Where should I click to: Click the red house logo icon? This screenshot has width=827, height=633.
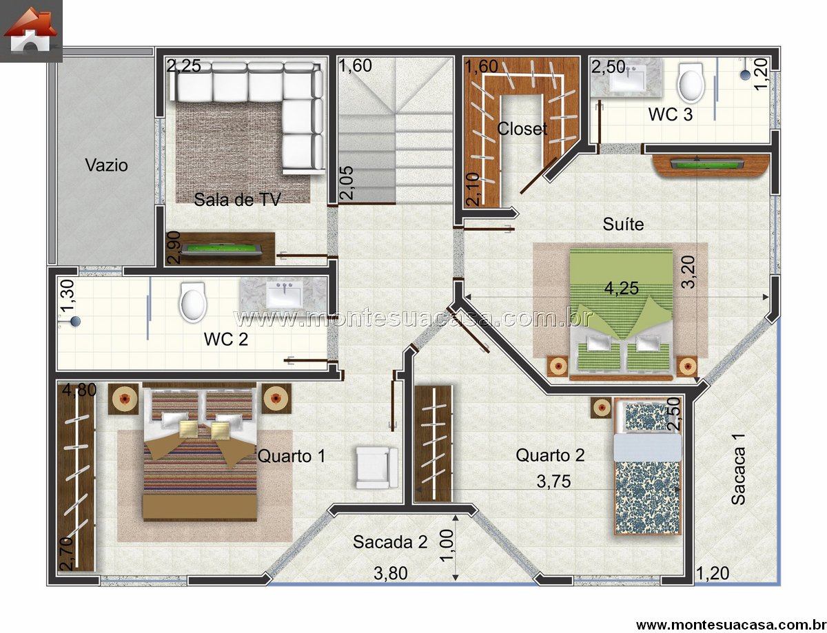click(x=30, y=30)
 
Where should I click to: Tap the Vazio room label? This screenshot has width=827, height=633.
click(x=107, y=165)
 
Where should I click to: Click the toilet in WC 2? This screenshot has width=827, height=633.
click(x=193, y=302)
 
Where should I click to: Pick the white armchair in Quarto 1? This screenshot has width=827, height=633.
click(x=377, y=467)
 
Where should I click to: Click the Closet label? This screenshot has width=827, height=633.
click(x=522, y=129)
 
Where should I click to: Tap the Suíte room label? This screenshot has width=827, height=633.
click(x=623, y=224)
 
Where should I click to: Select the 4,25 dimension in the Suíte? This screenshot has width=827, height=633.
click(x=622, y=288)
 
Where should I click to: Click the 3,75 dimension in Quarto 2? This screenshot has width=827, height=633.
click(x=553, y=481)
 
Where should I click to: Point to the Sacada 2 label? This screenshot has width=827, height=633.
click(x=390, y=542)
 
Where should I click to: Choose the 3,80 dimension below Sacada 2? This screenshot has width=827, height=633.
click(x=391, y=573)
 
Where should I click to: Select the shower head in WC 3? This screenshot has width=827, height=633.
click(x=745, y=75)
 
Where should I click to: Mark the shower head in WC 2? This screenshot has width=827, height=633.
click(x=75, y=321)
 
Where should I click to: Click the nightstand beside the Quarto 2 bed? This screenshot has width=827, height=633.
click(x=602, y=408)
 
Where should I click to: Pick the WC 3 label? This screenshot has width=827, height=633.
click(x=671, y=114)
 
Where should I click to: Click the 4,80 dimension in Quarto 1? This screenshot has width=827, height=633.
click(x=79, y=390)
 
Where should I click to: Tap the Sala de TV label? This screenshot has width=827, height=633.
click(x=237, y=199)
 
